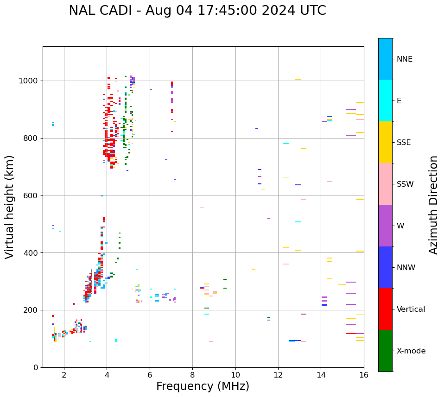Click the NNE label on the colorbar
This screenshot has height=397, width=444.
coord(404,59)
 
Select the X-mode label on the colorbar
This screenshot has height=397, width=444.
coord(411,351)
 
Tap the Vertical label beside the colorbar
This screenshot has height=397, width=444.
coord(411,309)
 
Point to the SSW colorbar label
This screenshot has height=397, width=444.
coord(405,184)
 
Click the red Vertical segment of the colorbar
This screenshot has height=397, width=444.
coord(385,309)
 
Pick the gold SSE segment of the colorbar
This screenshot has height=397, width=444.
coord(385,142)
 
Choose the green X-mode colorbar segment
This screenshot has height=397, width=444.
coord(385,351)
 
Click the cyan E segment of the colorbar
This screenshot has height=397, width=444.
coord(385,101)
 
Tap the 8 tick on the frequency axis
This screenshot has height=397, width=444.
coord(192,375)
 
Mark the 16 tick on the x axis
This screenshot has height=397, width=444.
coord(363,375)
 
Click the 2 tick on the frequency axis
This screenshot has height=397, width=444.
coord(64,375)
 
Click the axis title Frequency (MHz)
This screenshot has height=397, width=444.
coord(203,386)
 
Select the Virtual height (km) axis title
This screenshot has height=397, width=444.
coord(10,207)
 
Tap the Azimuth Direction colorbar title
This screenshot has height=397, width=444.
coord(434,205)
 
